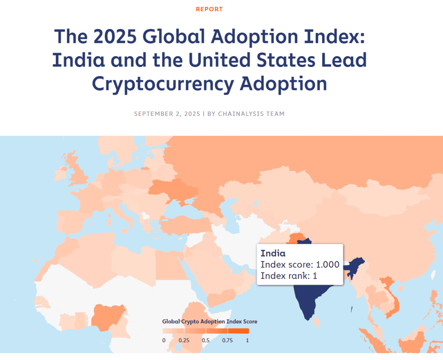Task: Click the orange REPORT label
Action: (x=209, y=9)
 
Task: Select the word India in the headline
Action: (x=78, y=61)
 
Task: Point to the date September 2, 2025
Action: (x=167, y=114)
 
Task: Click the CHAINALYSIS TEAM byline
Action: (x=251, y=114)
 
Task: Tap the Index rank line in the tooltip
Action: (x=289, y=276)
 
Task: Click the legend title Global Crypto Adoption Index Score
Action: (x=210, y=322)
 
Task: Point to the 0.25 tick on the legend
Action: (x=184, y=340)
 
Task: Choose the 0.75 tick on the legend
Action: (x=227, y=340)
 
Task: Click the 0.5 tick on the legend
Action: (x=206, y=340)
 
